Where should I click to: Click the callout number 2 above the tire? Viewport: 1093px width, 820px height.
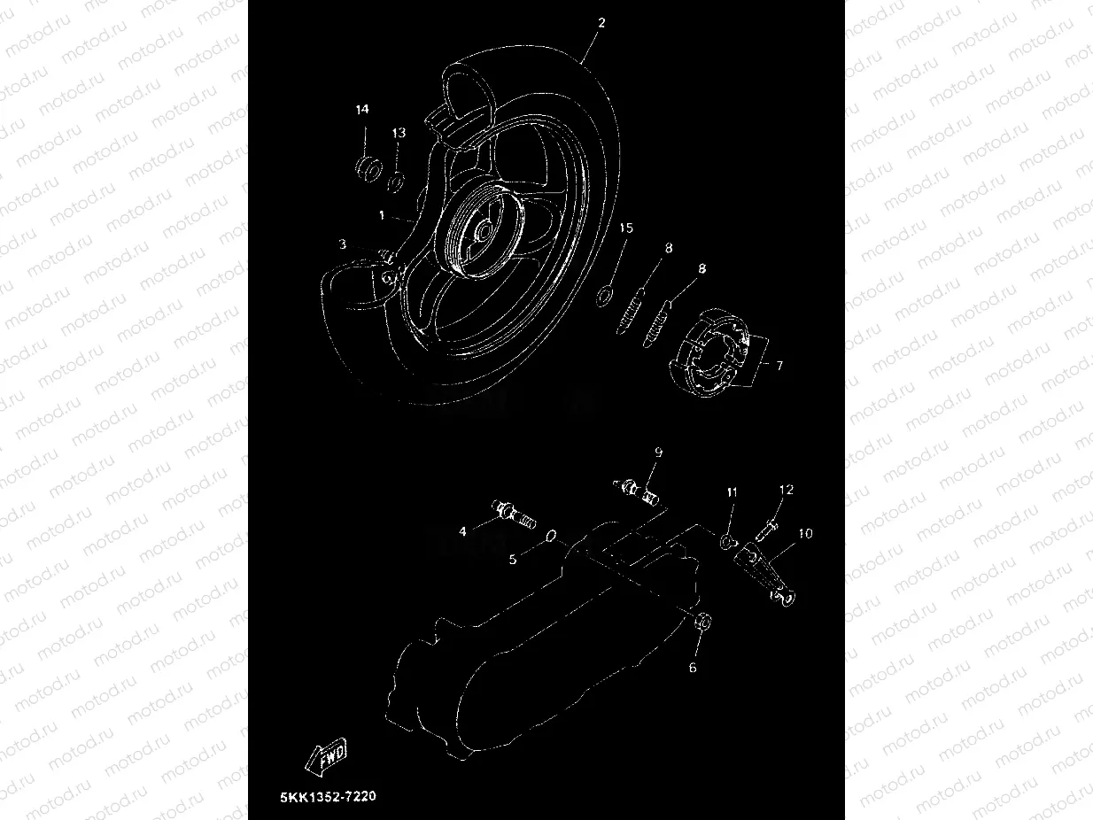601,23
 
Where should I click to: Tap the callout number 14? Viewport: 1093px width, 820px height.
361,109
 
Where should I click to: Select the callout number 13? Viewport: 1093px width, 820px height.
399,132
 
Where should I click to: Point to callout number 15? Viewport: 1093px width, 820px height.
626,228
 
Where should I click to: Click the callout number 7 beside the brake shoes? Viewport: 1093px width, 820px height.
779,364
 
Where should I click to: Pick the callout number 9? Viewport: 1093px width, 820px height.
658,452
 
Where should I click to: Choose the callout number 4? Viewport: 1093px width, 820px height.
462,531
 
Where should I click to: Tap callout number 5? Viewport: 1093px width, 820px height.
512,559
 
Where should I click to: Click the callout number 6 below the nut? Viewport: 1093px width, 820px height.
693,667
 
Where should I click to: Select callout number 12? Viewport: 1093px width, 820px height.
787,489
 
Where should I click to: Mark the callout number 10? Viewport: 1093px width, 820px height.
805,533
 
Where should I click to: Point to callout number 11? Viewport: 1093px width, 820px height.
732,491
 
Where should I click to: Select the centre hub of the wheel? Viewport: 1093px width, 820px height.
482,232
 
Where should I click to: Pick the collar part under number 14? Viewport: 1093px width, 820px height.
368,166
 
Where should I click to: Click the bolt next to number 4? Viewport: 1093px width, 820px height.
513,513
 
